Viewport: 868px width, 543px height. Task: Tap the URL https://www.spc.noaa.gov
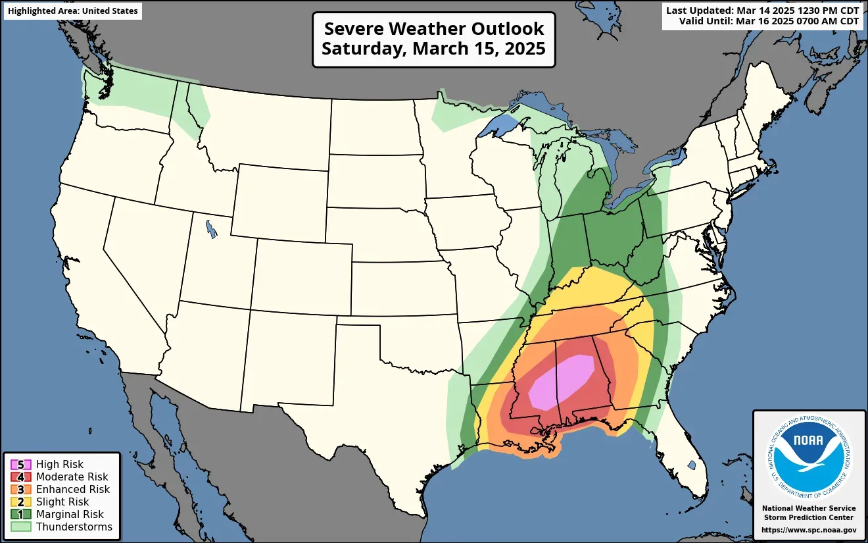pyautogui.click(x=809, y=530)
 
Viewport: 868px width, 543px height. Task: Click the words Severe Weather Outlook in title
pyautogui.click(x=434, y=29)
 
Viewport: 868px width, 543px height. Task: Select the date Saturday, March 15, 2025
pyautogui.click(x=434, y=49)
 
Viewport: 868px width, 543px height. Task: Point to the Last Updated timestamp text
pyautogui.click(x=762, y=11)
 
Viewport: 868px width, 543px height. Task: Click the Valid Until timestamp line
pyautogui.click(x=769, y=21)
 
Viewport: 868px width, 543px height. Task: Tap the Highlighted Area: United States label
pyautogui.click(x=73, y=11)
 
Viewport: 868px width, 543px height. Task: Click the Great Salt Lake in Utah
pyautogui.click(x=210, y=228)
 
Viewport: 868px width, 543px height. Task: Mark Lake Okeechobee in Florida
pyautogui.click(x=691, y=465)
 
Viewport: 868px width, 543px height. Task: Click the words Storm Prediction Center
pyautogui.click(x=809, y=517)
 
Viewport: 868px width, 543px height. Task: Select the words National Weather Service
pyautogui.click(x=809, y=508)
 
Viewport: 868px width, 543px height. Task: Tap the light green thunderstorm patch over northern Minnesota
pyautogui.click(x=454, y=112)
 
